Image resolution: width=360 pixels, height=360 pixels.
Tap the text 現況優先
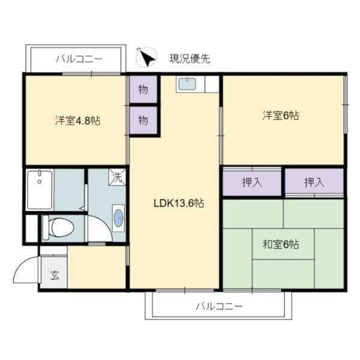click(190, 59)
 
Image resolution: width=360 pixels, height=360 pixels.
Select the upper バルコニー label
click(79, 59)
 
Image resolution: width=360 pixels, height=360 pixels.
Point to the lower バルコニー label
click(219, 306)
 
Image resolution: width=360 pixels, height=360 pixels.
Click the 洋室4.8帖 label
click(77, 121)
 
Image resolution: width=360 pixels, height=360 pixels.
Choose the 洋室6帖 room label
click(281, 115)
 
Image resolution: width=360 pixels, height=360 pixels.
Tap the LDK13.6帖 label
click(179, 203)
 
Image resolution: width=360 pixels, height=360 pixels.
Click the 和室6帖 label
click(281, 244)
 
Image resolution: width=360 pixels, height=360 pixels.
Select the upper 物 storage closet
click(143, 89)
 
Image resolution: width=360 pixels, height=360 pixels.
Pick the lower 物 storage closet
click(143, 121)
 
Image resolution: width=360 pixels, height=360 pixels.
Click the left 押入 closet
click(252, 182)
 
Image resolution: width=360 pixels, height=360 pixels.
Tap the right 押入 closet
click(314, 182)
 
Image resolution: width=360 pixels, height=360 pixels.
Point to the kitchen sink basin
click(187, 84)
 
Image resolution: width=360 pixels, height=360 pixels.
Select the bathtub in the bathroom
click(40, 190)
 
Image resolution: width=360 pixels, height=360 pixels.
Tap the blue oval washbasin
click(118, 218)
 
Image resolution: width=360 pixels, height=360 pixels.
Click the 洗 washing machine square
click(117, 177)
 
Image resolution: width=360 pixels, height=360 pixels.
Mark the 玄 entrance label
click(55, 275)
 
